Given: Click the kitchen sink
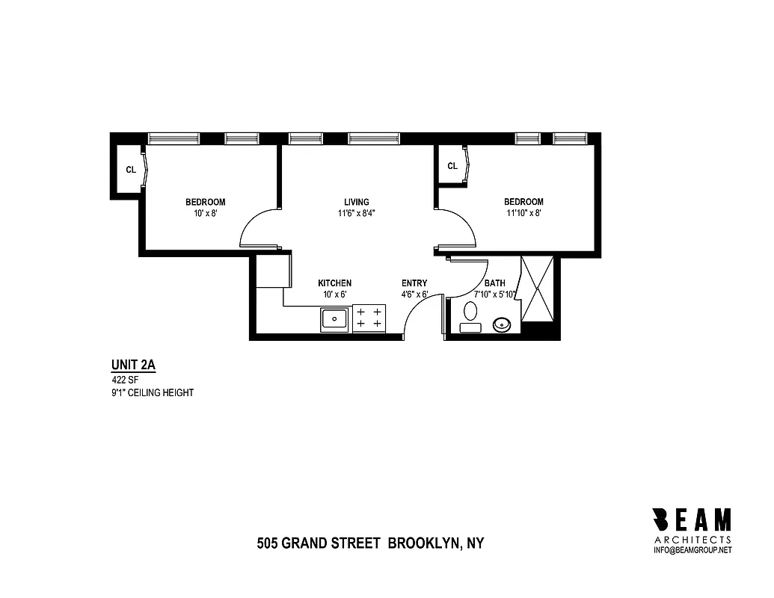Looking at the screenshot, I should (334, 319).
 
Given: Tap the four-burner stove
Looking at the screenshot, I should (369, 317).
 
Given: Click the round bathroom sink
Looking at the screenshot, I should (502, 324).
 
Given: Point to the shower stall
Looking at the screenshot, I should (537, 289).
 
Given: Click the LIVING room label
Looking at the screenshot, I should (356, 202).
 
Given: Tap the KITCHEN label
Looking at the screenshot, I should (334, 283).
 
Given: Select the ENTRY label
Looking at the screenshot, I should (414, 283).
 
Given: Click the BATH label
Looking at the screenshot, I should (494, 283).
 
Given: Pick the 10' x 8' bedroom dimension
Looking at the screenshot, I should (205, 213).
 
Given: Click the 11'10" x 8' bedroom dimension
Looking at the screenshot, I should (523, 213).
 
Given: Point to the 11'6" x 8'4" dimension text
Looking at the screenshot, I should (356, 213).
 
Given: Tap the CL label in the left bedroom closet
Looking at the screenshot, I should (131, 170).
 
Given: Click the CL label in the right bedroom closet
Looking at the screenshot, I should (452, 166).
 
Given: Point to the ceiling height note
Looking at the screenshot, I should (152, 392).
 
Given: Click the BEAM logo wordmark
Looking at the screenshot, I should (692, 519).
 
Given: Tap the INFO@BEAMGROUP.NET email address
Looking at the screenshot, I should (692, 550).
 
